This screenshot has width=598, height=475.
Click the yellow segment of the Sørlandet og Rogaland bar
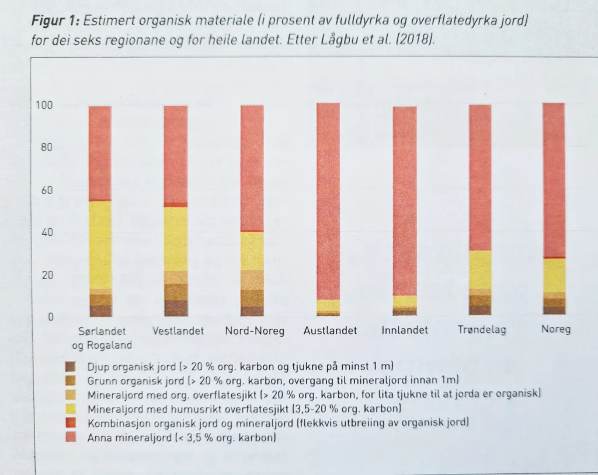tap(100, 245)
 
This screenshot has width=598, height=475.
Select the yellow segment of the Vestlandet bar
tap(176, 239)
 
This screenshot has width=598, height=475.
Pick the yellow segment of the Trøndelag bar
tap(479, 270)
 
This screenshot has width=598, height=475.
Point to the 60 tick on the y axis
tap(47, 190)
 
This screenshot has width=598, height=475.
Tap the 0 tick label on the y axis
tap(51, 318)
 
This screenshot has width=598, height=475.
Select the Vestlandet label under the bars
tap(178, 331)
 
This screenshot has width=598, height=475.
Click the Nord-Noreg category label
tap(255, 331)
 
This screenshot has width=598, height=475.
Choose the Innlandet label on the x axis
tap(404, 331)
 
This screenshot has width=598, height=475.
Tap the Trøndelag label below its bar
tap(482, 330)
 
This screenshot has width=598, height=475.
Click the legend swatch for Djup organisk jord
tap(71, 367)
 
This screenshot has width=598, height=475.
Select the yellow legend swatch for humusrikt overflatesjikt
tap(71, 408)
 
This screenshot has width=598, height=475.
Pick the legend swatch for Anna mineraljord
tap(71, 436)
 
